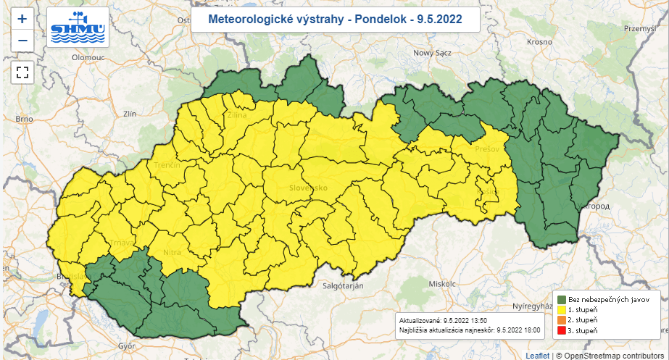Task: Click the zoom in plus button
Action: [x=22, y=19]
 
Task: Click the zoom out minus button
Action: [x=22, y=40]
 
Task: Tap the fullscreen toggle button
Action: [x=22, y=72]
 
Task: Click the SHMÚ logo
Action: [x=78, y=28]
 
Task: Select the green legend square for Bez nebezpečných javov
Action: [x=561, y=298]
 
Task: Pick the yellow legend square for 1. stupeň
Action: [x=561, y=309]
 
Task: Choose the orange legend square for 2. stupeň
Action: [x=561, y=319]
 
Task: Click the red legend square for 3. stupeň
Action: [x=561, y=330]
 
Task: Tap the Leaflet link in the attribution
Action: [x=537, y=355]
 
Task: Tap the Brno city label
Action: [x=25, y=118]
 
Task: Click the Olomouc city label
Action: [x=68, y=56]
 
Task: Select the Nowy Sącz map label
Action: [x=432, y=53]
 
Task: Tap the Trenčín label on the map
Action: [x=167, y=166]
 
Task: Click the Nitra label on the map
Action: [x=173, y=252]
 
